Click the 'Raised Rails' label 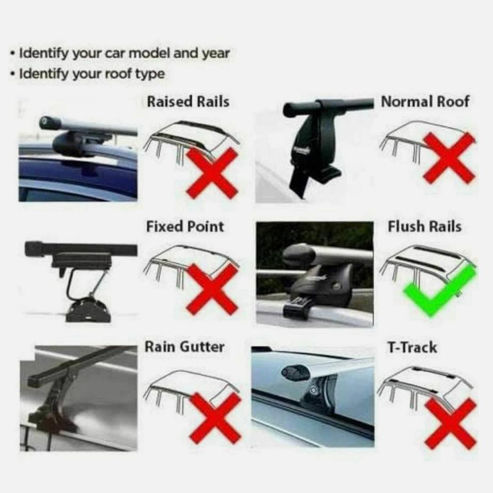pos(188,102)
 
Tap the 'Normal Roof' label pos(425,102)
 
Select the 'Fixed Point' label pos(185,227)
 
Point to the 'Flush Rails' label pos(424,227)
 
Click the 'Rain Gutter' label pos(184,347)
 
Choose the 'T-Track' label pos(412,347)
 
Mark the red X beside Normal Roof pos(449,158)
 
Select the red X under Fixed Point pos(212,289)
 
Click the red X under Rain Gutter pos(215,418)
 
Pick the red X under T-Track pos(450,424)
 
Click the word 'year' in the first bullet pos(216,54)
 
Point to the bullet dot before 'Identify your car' pos(13,53)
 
